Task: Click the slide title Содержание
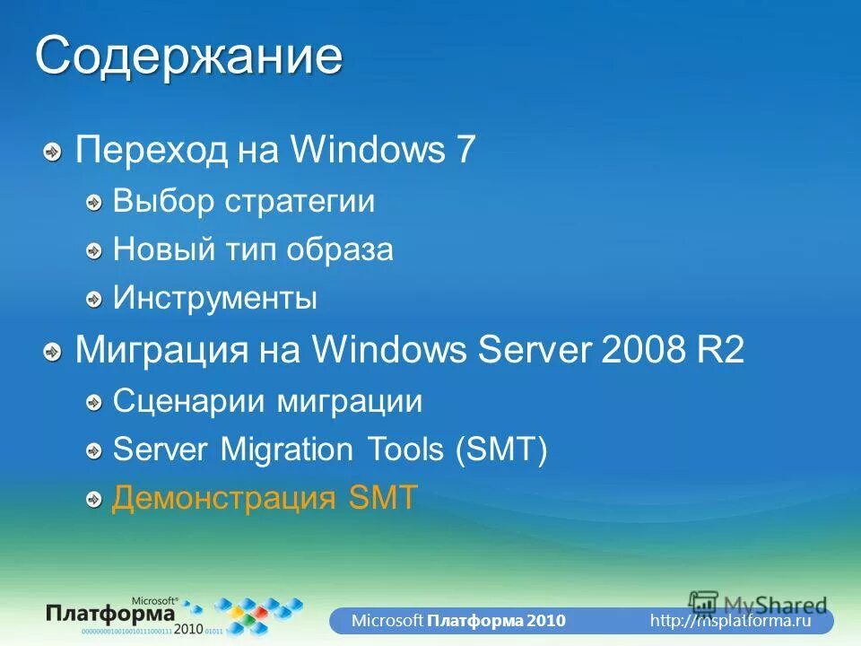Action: (x=188, y=56)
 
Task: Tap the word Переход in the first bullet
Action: (x=152, y=151)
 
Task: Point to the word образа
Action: (x=340, y=249)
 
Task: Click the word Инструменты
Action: (x=214, y=298)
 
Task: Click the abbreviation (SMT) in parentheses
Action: (x=500, y=450)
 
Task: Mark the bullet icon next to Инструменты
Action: (x=93, y=300)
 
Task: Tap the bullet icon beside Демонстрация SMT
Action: (x=93, y=500)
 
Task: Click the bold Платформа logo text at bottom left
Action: (x=112, y=615)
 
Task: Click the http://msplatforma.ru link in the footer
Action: (x=730, y=621)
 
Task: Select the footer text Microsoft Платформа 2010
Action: (x=457, y=621)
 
